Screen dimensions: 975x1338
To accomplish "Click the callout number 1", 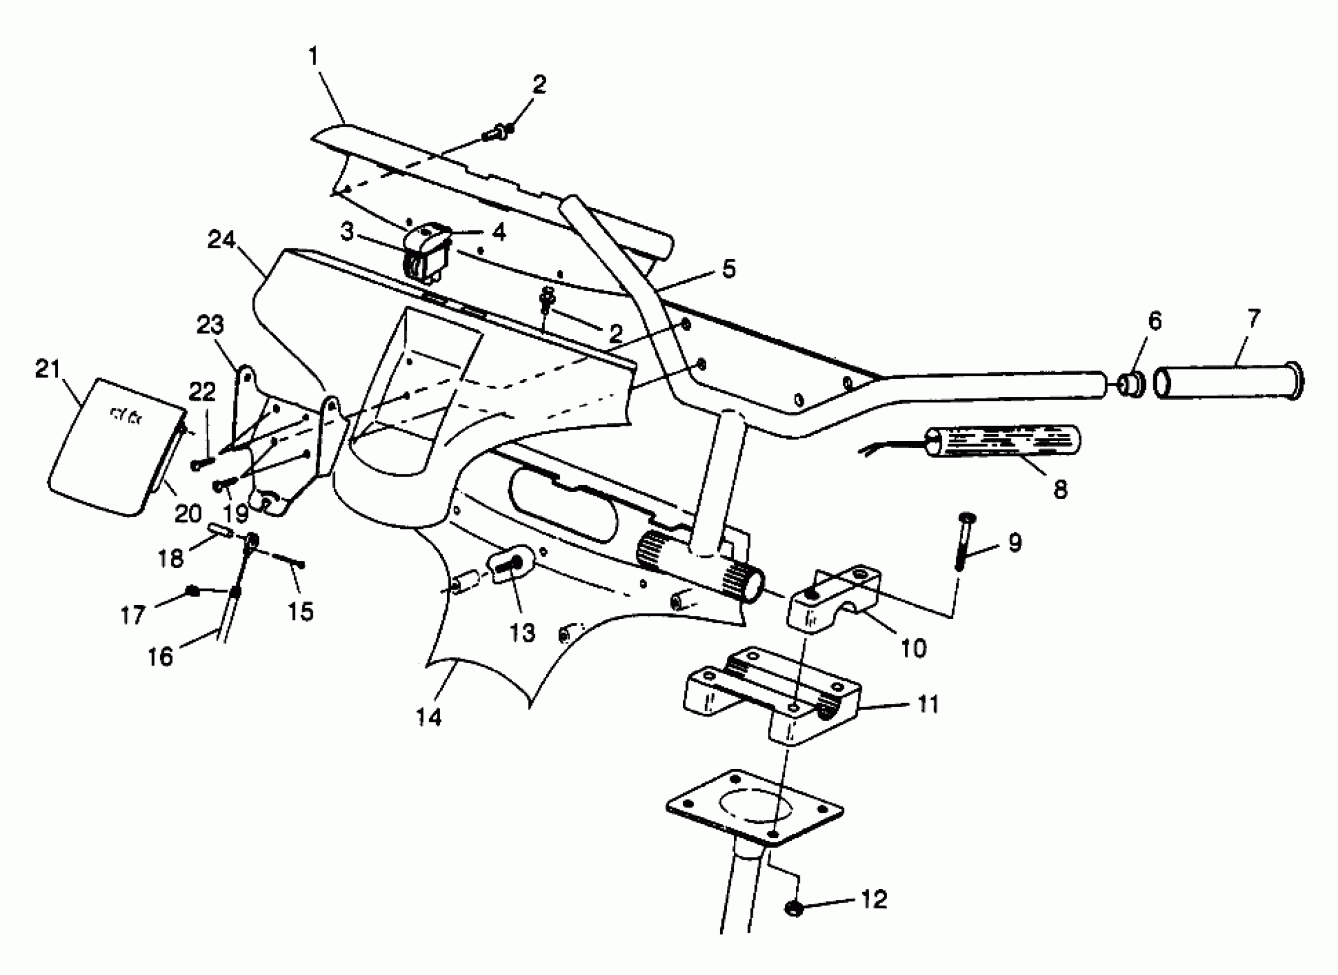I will [x=313, y=57].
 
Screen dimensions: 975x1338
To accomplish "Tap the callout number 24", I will [x=221, y=240].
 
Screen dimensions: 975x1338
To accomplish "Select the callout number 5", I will [x=729, y=268].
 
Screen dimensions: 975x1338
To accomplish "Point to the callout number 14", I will [x=429, y=717].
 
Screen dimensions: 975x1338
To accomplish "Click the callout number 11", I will [x=928, y=704].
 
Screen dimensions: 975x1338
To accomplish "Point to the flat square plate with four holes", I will [x=754, y=808].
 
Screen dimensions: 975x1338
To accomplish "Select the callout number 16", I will [x=160, y=656].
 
